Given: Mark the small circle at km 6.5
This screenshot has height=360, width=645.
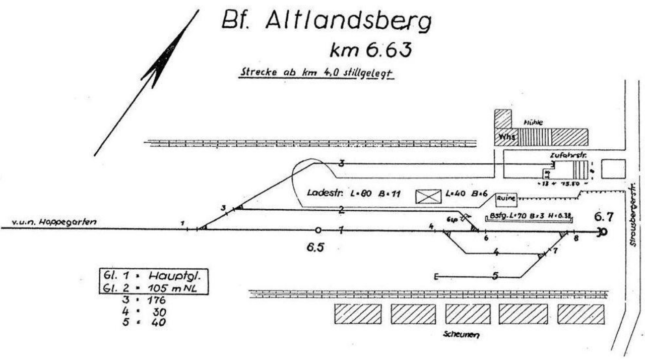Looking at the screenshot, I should (318, 230).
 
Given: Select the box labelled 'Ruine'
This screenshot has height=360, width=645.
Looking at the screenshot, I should (506, 199).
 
